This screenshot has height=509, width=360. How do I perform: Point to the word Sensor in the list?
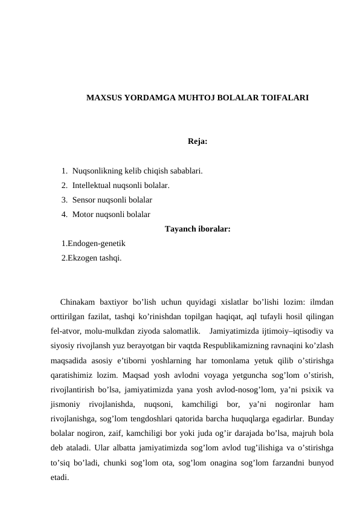pyautogui.click(x=84, y=199)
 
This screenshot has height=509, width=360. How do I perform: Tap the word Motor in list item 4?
pyautogui.click(x=83, y=213)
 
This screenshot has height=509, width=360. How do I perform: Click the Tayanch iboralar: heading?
pyautogui.click(x=197, y=229)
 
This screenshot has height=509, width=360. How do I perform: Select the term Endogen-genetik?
pyautogui.click(x=97, y=243)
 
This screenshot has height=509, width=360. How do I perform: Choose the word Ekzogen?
pyautogui.click(x=82, y=258)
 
